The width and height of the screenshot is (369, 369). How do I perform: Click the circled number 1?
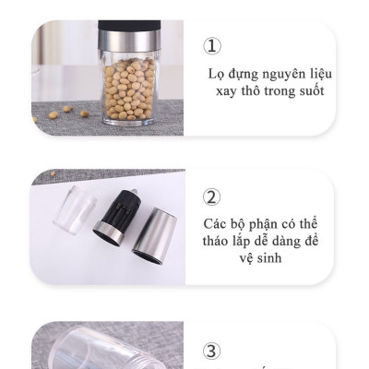[x=213, y=45]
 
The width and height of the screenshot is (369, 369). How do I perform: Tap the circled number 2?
[x=212, y=196]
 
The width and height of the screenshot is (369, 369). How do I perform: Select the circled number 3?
[x=212, y=351]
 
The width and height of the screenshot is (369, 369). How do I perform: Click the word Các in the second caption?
[x=216, y=225]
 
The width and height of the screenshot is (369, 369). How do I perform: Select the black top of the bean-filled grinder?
[x=129, y=24]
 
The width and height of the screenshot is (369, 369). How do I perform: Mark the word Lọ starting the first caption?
[x=217, y=74]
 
